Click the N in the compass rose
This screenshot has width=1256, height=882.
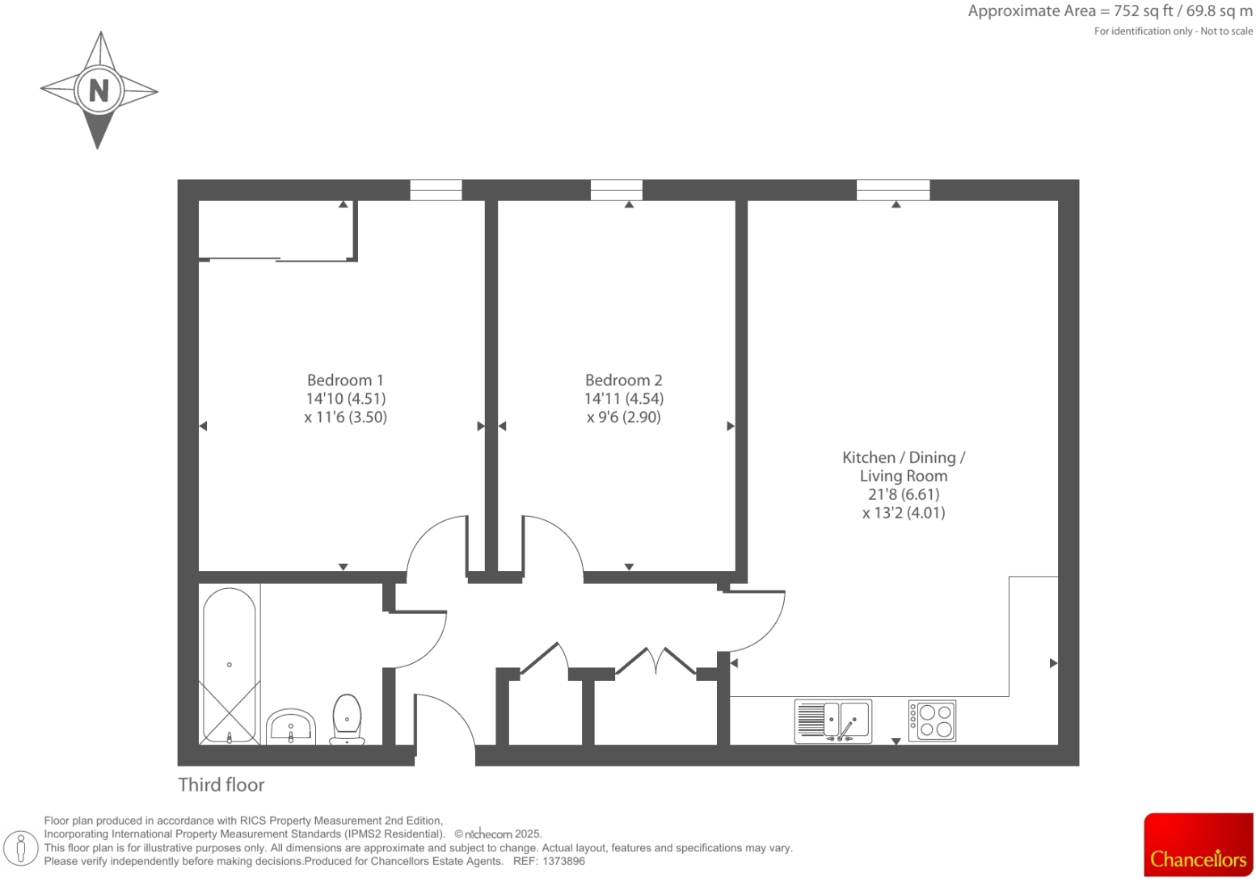[99, 90]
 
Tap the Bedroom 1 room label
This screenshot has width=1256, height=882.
[345, 380]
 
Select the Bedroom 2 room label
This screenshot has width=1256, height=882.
[623, 380]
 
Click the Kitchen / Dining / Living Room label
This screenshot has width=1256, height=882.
[903, 467]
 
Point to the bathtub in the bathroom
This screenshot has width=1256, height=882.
[230, 664]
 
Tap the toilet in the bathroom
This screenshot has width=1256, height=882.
[347, 719]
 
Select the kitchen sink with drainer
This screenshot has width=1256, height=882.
[833, 720]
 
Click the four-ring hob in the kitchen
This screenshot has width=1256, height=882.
[932, 720]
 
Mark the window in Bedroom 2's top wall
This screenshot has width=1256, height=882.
[616, 190]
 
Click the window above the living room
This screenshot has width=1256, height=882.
[892, 190]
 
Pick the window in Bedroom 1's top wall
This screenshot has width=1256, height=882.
[436, 190]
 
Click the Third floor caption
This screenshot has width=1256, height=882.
[221, 784]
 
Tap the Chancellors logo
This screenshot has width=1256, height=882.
[1198, 845]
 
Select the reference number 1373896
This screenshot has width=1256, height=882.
[563, 861]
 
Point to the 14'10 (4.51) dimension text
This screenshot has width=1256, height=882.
[345, 398]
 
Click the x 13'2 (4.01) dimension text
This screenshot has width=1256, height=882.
[903, 513]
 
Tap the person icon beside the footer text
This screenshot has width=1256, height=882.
[22, 848]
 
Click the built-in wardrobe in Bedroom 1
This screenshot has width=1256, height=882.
[276, 230]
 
